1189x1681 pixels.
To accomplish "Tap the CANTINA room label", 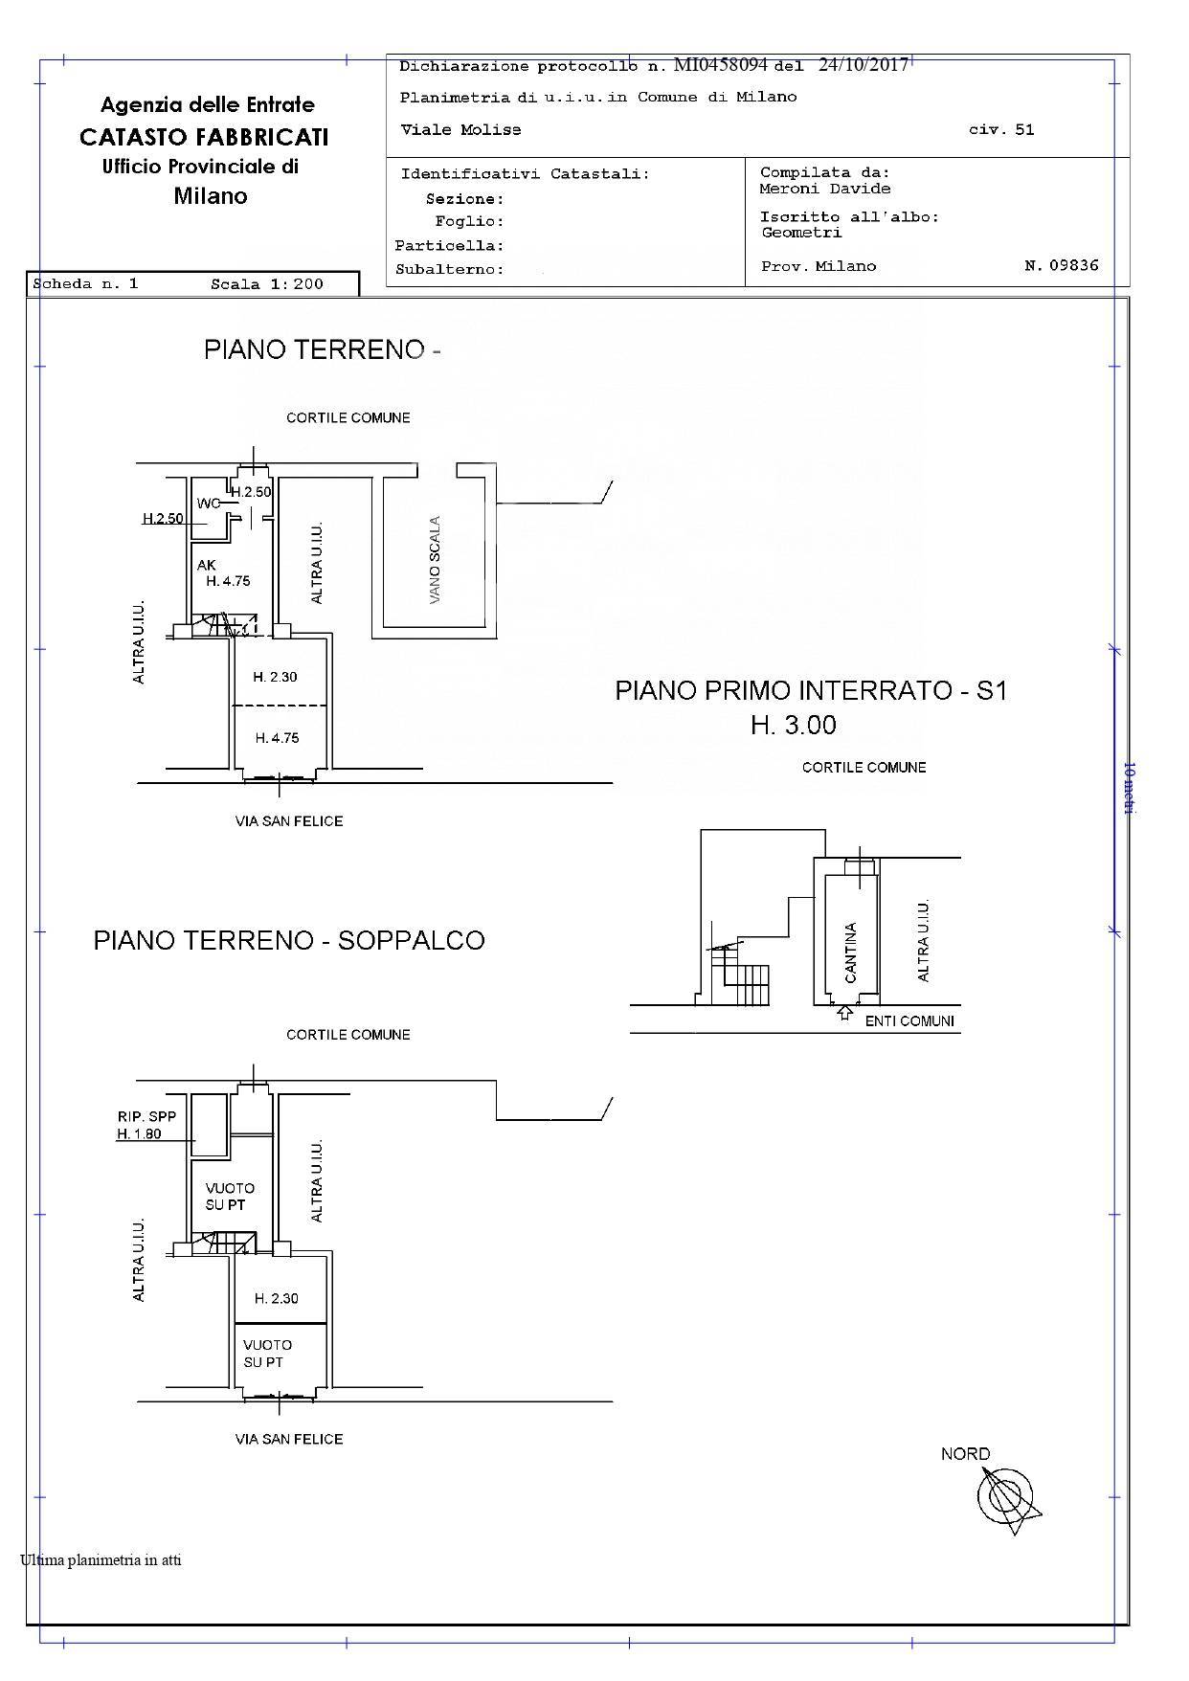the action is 850,953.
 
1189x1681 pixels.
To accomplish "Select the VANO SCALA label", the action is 436,559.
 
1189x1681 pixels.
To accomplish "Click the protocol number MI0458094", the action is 721,65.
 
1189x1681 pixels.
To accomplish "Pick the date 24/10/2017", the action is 864,65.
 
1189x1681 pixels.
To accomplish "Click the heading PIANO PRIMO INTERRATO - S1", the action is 811,690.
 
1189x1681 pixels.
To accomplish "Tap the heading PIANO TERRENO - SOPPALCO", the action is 289,940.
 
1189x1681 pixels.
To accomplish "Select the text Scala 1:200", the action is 267,283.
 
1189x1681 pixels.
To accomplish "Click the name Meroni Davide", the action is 825,189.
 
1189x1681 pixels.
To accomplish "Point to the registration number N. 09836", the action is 1062,266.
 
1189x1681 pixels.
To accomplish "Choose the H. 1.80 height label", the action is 140,1134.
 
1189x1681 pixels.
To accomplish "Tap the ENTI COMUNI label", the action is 909,1021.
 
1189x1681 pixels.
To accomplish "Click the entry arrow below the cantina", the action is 844,1012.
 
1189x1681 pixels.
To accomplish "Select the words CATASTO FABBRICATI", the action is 204,137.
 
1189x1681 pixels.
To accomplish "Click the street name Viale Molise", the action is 460,129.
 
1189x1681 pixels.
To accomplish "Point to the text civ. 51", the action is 1001,129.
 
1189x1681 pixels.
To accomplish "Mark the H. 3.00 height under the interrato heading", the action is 794,726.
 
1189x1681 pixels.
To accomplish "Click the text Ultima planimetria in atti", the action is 101,1560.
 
